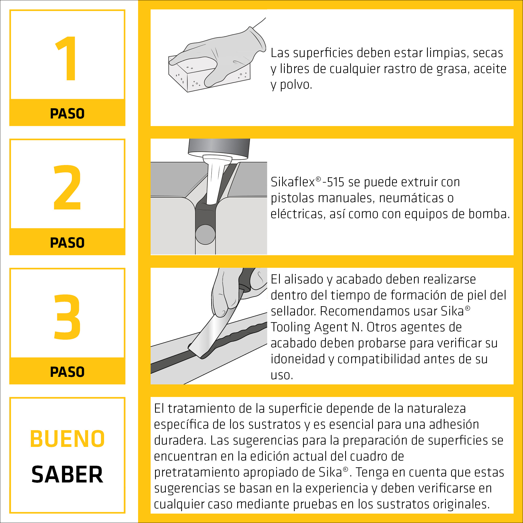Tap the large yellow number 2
click(x=67, y=187)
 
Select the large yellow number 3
click(x=67, y=317)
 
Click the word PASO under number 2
click(x=67, y=243)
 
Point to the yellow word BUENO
click(x=67, y=439)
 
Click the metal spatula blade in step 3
click(x=214, y=334)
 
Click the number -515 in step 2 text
click(x=333, y=182)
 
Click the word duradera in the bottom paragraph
click(x=179, y=440)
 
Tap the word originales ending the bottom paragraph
click(x=461, y=504)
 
